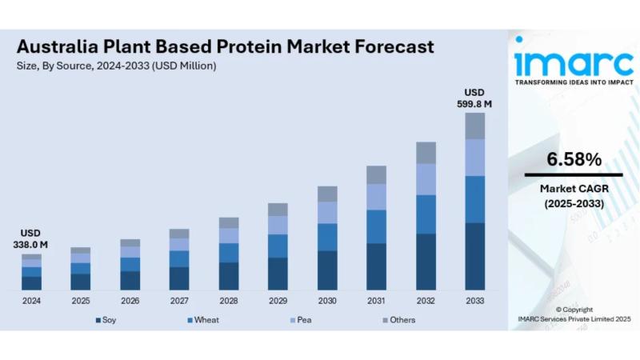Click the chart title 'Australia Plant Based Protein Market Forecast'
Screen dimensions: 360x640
pyautogui.click(x=226, y=46)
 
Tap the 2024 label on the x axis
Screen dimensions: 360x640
pyautogui.click(x=31, y=301)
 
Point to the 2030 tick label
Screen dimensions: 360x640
pyautogui.click(x=327, y=301)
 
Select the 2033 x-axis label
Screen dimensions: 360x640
pyautogui.click(x=475, y=301)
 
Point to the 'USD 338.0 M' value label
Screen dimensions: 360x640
pyautogui.click(x=31, y=238)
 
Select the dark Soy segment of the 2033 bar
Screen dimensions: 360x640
pyautogui.click(x=475, y=256)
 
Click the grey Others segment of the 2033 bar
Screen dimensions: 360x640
pyautogui.click(x=475, y=126)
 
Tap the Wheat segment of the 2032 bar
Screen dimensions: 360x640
pyautogui.click(x=426, y=214)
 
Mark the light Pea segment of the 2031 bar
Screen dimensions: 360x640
pyautogui.click(x=376, y=197)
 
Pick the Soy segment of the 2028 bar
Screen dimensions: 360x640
pyautogui.click(x=229, y=276)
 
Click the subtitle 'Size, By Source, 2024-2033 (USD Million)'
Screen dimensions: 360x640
pyautogui.click(x=117, y=66)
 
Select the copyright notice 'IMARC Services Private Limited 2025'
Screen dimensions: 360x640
pyautogui.click(x=574, y=319)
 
